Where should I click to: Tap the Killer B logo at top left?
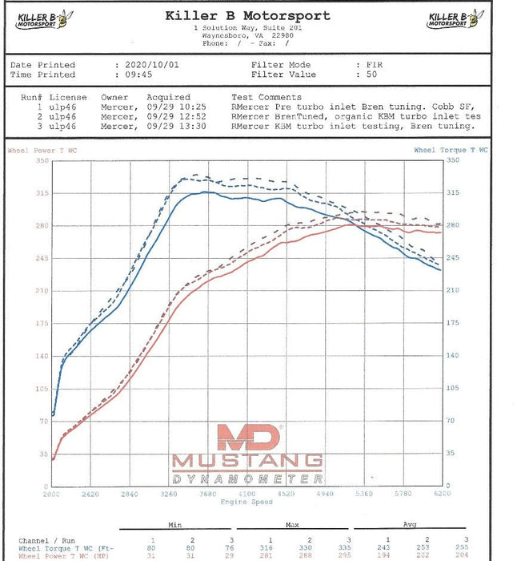(x=42, y=19)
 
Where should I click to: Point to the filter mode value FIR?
(x=375, y=65)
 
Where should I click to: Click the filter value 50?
(x=371, y=75)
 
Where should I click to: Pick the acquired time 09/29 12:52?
(x=177, y=115)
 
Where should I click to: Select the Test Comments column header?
(x=267, y=97)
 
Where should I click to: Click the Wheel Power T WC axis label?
(x=42, y=150)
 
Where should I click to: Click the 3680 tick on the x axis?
(x=207, y=494)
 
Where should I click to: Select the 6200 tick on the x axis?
(x=440, y=494)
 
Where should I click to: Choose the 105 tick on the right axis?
(x=453, y=388)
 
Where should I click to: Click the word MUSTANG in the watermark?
(x=247, y=461)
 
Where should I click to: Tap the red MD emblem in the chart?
(x=248, y=436)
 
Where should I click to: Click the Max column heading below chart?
(x=291, y=526)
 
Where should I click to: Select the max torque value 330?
(x=310, y=547)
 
